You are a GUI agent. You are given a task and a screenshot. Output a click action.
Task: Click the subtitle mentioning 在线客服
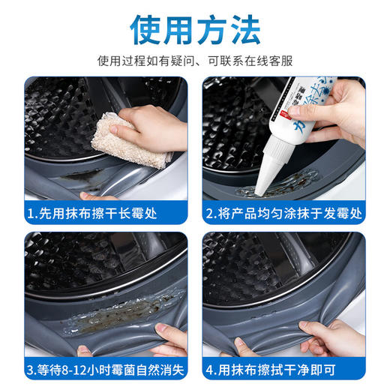point(195,60)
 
